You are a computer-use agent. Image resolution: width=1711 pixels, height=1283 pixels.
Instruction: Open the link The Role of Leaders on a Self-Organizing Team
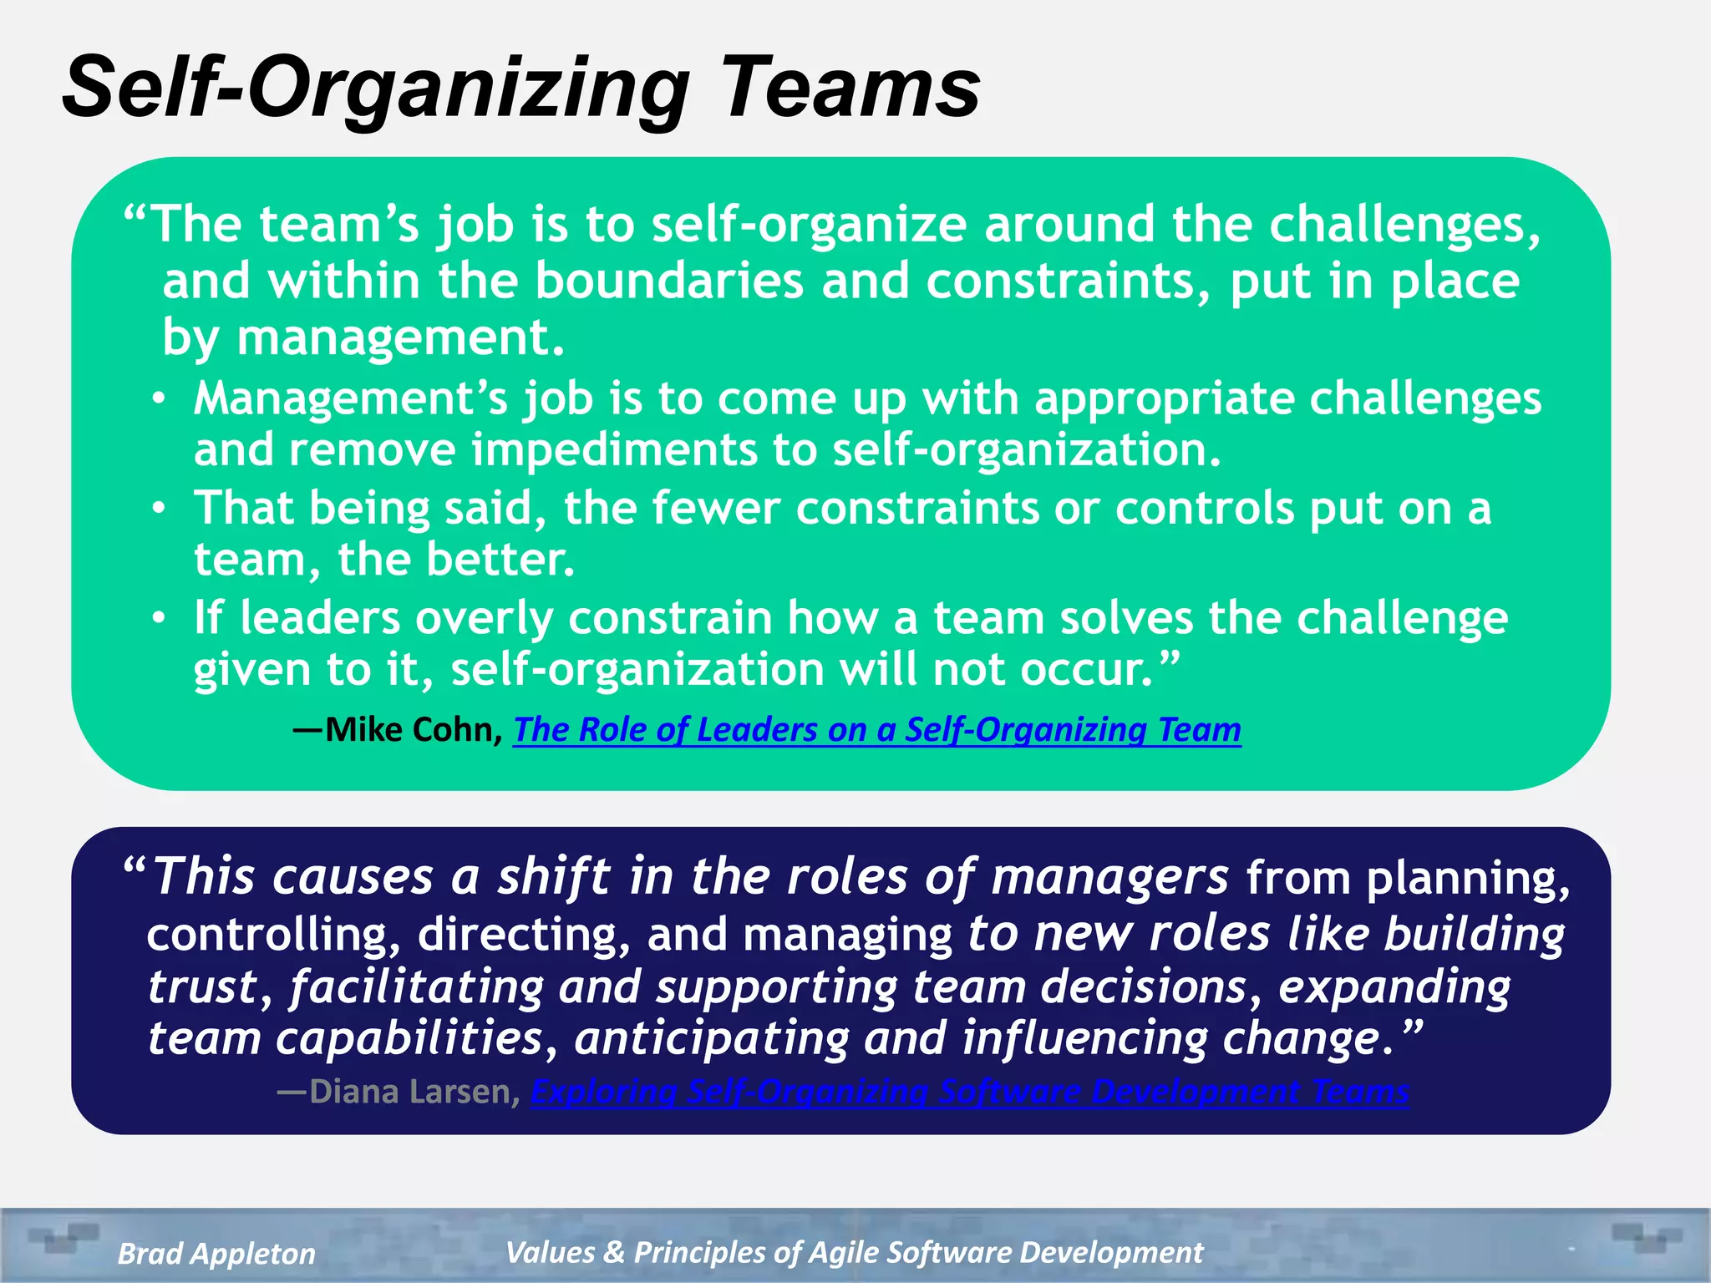coord(876,730)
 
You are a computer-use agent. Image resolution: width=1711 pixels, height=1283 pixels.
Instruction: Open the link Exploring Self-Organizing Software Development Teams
coord(970,1092)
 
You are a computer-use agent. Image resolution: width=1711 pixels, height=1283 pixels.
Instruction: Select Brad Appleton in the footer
coord(216,1253)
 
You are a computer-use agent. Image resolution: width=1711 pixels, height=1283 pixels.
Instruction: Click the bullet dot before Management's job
coord(159,399)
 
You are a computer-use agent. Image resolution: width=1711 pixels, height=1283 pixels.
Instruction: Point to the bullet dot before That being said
coord(159,509)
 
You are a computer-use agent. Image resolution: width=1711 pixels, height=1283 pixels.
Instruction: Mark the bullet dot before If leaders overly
coord(159,619)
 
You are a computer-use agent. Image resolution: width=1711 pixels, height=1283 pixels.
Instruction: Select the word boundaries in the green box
coord(668,281)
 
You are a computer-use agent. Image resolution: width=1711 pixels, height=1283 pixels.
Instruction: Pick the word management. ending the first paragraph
coord(401,338)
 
